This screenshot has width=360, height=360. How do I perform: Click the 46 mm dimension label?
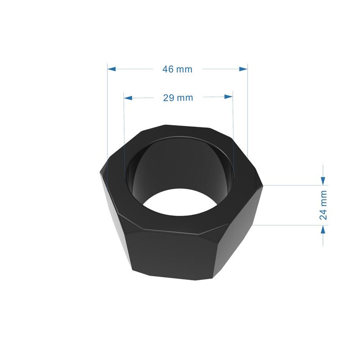(177, 69)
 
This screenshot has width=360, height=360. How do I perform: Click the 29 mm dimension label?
(178, 98)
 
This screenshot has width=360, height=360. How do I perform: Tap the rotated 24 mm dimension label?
(323, 205)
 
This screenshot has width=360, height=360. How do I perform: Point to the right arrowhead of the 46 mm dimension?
(243, 69)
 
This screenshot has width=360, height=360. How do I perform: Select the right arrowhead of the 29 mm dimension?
(229, 97)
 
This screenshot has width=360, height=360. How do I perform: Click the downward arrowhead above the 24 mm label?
(323, 180)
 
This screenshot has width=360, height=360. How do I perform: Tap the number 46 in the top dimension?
(168, 69)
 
